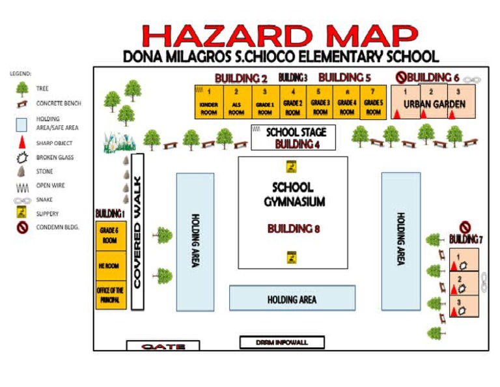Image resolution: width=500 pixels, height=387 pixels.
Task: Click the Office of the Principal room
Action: (x=111, y=294)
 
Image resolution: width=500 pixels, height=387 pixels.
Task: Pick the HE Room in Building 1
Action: (x=111, y=266)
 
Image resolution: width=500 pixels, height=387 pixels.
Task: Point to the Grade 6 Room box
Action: (x=111, y=235)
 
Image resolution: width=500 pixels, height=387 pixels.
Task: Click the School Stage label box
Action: (x=293, y=137)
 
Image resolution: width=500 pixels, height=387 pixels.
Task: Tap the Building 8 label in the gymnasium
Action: (x=293, y=229)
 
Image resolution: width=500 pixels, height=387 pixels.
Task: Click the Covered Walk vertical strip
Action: (x=137, y=231)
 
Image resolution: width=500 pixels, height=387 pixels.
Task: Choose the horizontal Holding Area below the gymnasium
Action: (x=292, y=298)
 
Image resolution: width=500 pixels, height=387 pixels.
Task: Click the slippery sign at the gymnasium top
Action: (x=292, y=167)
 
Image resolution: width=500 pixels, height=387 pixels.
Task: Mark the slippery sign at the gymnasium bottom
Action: (x=292, y=257)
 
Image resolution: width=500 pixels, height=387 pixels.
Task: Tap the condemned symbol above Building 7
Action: (x=465, y=227)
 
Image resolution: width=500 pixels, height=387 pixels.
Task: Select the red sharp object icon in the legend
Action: (x=21, y=143)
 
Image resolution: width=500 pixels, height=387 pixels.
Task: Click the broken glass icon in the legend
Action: (x=21, y=158)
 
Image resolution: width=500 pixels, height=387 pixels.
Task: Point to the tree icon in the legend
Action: (x=21, y=88)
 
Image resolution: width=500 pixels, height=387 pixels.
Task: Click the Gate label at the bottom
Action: (x=163, y=347)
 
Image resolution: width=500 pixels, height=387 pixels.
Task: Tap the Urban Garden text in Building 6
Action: (x=434, y=104)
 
